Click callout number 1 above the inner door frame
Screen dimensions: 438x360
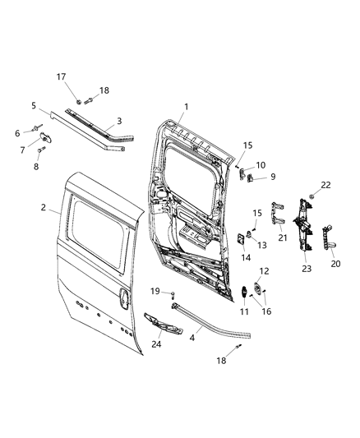[x=186, y=106]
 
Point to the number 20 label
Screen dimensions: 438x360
[x=335, y=264]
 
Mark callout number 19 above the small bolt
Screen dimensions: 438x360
[x=155, y=291]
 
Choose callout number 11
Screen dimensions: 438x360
[x=242, y=311]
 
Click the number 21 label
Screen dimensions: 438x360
[x=282, y=237]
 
